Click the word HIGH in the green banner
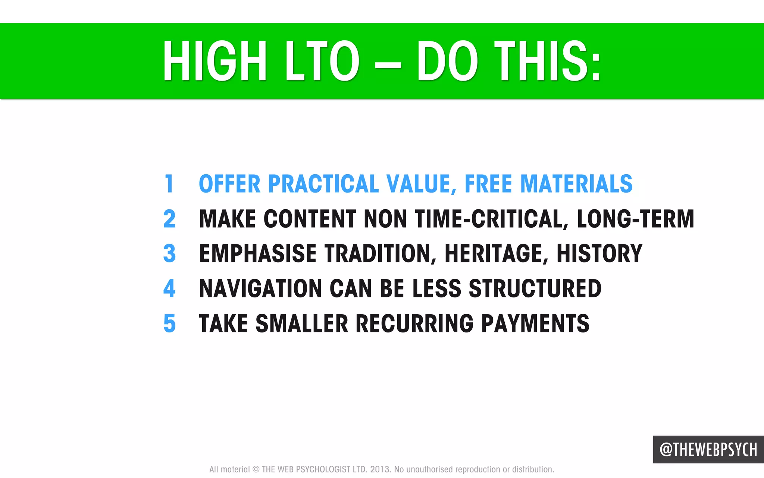tap(215, 61)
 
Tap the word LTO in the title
tap(322, 61)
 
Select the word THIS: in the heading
tap(548, 61)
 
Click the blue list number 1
tap(169, 184)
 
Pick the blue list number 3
tap(169, 254)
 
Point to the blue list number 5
tap(169, 324)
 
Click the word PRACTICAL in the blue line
tap(323, 184)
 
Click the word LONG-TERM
tap(635, 219)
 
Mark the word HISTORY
tap(599, 254)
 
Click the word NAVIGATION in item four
tap(260, 288)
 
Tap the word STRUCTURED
tap(535, 288)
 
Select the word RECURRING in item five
tap(414, 324)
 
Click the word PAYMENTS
tap(535, 324)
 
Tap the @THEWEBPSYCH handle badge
tap(708, 450)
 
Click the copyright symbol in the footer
tap(256, 469)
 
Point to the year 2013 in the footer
tap(379, 469)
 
